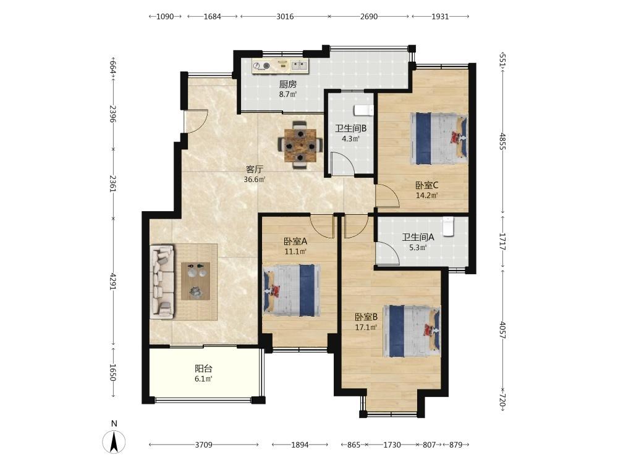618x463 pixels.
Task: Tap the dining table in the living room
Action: click(300, 145)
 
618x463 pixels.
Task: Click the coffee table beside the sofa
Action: click(195, 281)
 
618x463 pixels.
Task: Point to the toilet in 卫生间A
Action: click(447, 227)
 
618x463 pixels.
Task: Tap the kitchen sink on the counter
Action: click(299, 65)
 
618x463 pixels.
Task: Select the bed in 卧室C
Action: click(439, 138)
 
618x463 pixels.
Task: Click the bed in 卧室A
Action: click(291, 291)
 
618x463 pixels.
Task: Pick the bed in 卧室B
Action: click(412, 331)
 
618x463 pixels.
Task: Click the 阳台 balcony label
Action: click(204, 369)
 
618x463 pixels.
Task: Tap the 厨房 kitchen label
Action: click(288, 84)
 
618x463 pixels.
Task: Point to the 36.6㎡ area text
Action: click(255, 180)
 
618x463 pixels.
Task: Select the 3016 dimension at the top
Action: click(285, 17)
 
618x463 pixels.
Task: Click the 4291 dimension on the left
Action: click(113, 281)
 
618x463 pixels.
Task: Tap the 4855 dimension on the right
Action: click(502, 141)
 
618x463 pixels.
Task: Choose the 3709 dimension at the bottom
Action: click(204, 445)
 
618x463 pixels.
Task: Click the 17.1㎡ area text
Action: click(366, 327)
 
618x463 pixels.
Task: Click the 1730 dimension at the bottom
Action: click(392, 445)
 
